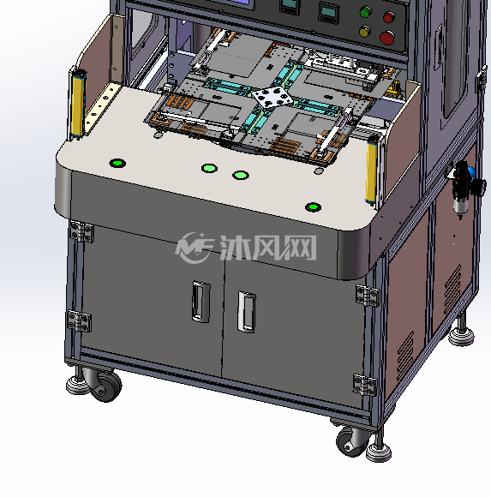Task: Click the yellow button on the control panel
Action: point(365,31)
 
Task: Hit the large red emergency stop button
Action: point(386,38)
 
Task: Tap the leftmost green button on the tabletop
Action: point(117,163)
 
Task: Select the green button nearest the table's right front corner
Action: point(313,207)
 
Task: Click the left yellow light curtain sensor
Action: point(78,104)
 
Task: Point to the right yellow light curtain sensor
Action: point(372,171)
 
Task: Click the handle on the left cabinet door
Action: point(201,302)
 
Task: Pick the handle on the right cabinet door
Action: point(246,312)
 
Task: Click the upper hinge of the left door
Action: point(81,231)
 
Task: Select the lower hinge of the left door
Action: point(79,321)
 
